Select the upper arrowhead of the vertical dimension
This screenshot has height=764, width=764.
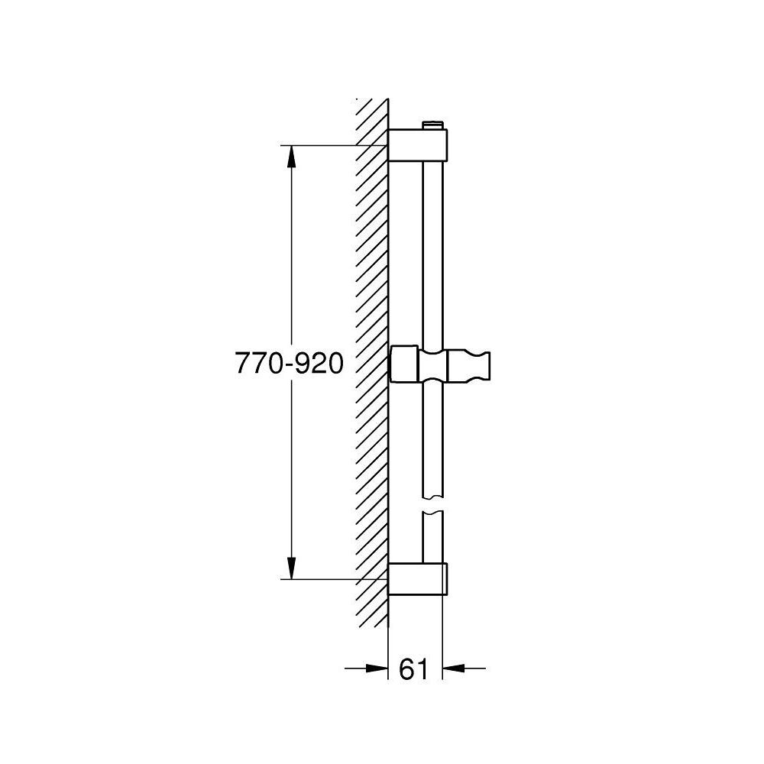pyautogui.click(x=291, y=156)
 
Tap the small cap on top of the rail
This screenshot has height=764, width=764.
pyautogui.click(x=433, y=125)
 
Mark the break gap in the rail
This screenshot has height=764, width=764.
pyautogui.click(x=432, y=504)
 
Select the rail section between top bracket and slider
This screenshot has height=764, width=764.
pyautogui.click(x=432, y=252)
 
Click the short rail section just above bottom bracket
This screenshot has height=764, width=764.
pyautogui.click(x=432, y=539)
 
